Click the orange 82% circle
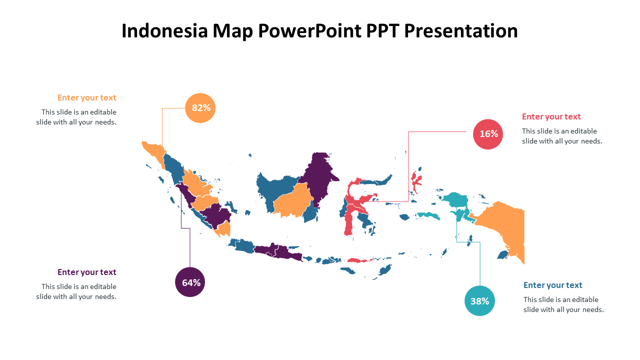[x=200, y=108]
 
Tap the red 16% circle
[x=487, y=134]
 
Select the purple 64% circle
[x=190, y=282]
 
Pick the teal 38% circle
[x=479, y=301]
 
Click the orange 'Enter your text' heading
[x=87, y=97]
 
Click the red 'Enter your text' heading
[x=551, y=116]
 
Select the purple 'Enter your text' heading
[x=87, y=272]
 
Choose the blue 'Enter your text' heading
[x=552, y=285]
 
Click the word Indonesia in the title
[x=164, y=30]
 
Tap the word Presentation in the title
[x=461, y=30]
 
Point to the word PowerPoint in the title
[x=309, y=30]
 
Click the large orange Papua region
[x=503, y=228]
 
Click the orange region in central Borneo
[x=293, y=201]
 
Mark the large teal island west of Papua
[x=456, y=200]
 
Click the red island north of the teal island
[x=416, y=180]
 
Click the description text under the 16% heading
[x=562, y=136]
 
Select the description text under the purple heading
[x=76, y=291]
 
